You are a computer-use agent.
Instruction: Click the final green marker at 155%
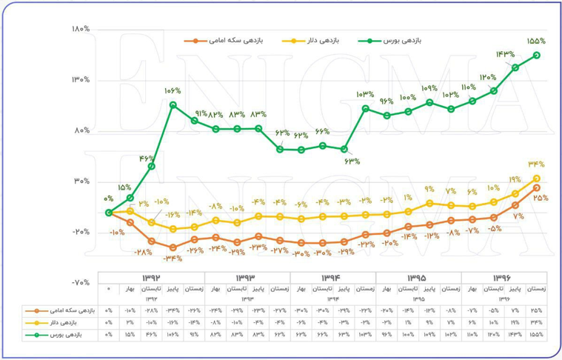click(536, 55)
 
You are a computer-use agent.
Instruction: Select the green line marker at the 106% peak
click(173, 105)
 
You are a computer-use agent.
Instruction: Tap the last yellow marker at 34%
click(536, 179)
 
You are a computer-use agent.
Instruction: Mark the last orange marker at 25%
click(536, 188)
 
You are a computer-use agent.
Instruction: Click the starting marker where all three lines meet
click(109, 213)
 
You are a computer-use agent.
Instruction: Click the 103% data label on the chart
click(366, 94)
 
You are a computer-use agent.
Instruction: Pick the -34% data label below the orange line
click(172, 258)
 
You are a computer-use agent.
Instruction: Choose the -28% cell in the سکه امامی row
click(152, 311)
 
